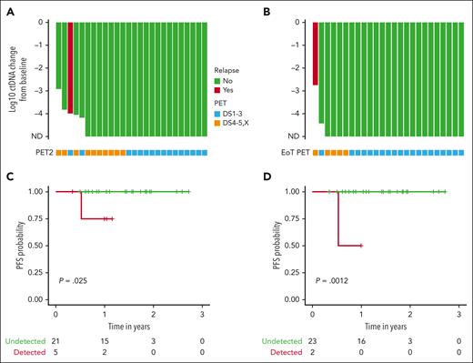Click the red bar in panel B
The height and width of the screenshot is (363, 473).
click(x=315, y=55)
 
